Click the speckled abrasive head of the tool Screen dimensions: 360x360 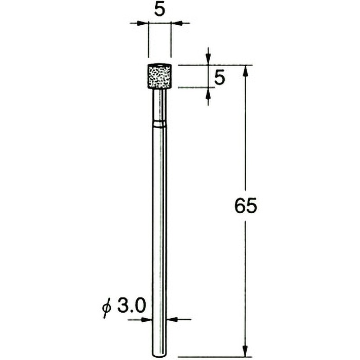160,76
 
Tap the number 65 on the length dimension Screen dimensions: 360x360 245,207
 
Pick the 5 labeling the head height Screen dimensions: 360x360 220,78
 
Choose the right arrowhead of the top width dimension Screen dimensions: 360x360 175,23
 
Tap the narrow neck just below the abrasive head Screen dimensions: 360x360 160,103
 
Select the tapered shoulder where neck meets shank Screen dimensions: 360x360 160,122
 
